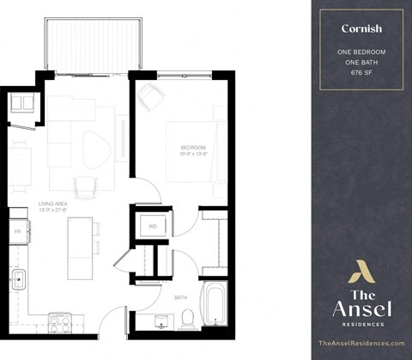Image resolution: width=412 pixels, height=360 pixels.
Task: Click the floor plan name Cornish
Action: pyautogui.click(x=361, y=28)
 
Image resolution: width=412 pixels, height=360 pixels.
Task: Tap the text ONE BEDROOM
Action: pyautogui.click(x=361, y=52)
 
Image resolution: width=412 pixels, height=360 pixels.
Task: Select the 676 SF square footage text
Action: pyautogui.click(x=361, y=74)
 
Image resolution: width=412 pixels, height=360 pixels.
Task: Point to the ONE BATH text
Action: pyautogui.click(x=361, y=63)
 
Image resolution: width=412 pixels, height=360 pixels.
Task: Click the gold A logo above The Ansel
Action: pyautogui.click(x=360, y=273)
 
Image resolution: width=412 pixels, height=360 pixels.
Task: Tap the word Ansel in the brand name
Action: pyautogui.click(x=360, y=308)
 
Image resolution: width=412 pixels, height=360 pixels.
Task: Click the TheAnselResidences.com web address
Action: pyautogui.click(x=361, y=343)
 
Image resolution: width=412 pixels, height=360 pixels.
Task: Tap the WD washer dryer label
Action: pyautogui.click(x=151, y=227)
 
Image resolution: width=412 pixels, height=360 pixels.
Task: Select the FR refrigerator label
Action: pyautogui.click(x=17, y=232)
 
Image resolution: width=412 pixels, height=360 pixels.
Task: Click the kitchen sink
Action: pyautogui.click(x=18, y=279)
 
